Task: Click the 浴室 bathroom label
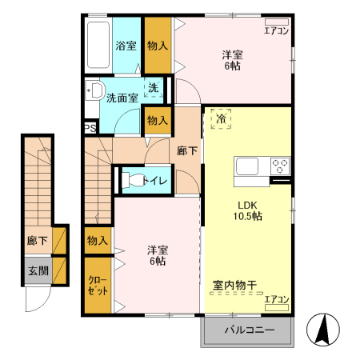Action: (x=126, y=46)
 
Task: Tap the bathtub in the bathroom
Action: (x=98, y=45)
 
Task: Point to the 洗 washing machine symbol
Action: (x=152, y=88)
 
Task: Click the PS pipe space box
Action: (x=90, y=126)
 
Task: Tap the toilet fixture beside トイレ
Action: (x=130, y=180)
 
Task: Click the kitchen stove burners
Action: (x=279, y=167)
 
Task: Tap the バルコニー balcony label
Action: (x=249, y=330)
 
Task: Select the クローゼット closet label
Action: (x=97, y=286)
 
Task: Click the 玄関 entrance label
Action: (x=37, y=270)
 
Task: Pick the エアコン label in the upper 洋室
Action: (x=276, y=30)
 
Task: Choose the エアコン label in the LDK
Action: (x=276, y=299)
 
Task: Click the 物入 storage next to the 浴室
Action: (x=157, y=46)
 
